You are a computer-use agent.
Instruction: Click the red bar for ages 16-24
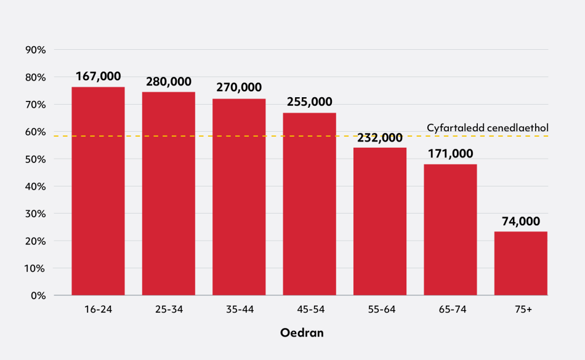pyautogui.click(x=98, y=191)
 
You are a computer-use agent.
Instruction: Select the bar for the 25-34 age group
pyautogui.click(x=168, y=193)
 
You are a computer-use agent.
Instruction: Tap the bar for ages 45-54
pyautogui.click(x=309, y=204)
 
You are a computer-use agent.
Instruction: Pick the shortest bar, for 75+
pyautogui.click(x=521, y=263)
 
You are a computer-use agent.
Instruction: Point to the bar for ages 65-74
pyautogui.click(x=450, y=230)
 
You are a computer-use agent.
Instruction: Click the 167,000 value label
pyautogui.click(x=98, y=76)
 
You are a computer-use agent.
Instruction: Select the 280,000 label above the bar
pyautogui.click(x=168, y=82)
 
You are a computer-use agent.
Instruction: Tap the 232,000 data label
pyautogui.click(x=379, y=137)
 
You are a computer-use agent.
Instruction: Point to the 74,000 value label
pyautogui.click(x=521, y=222)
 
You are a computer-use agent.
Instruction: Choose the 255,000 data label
pyautogui.click(x=309, y=102)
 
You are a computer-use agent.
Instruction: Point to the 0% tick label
pyautogui.click(x=39, y=295)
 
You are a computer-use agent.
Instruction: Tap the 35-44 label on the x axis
pyautogui.click(x=239, y=310)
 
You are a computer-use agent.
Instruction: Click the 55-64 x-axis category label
pyautogui.click(x=379, y=310)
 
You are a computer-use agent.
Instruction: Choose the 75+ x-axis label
pyautogui.click(x=521, y=310)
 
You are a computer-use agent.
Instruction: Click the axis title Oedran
pyautogui.click(x=302, y=333)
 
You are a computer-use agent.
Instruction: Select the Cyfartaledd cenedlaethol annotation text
pyautogui.click(x=487, y=127)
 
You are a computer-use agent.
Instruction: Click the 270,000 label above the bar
pyautogui.click(x=239, y=88)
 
